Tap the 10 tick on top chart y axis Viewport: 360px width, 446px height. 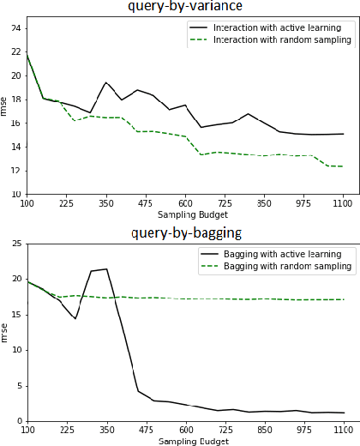coord(17,195)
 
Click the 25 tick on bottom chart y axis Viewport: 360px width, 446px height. coord(17,244)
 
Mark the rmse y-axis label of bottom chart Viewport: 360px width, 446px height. coord(6,332)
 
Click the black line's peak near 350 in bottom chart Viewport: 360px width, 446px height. coord(106,269)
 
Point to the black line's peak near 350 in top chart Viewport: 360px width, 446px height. coord(105,83)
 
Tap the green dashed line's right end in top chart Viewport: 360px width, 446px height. coord(343,166)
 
